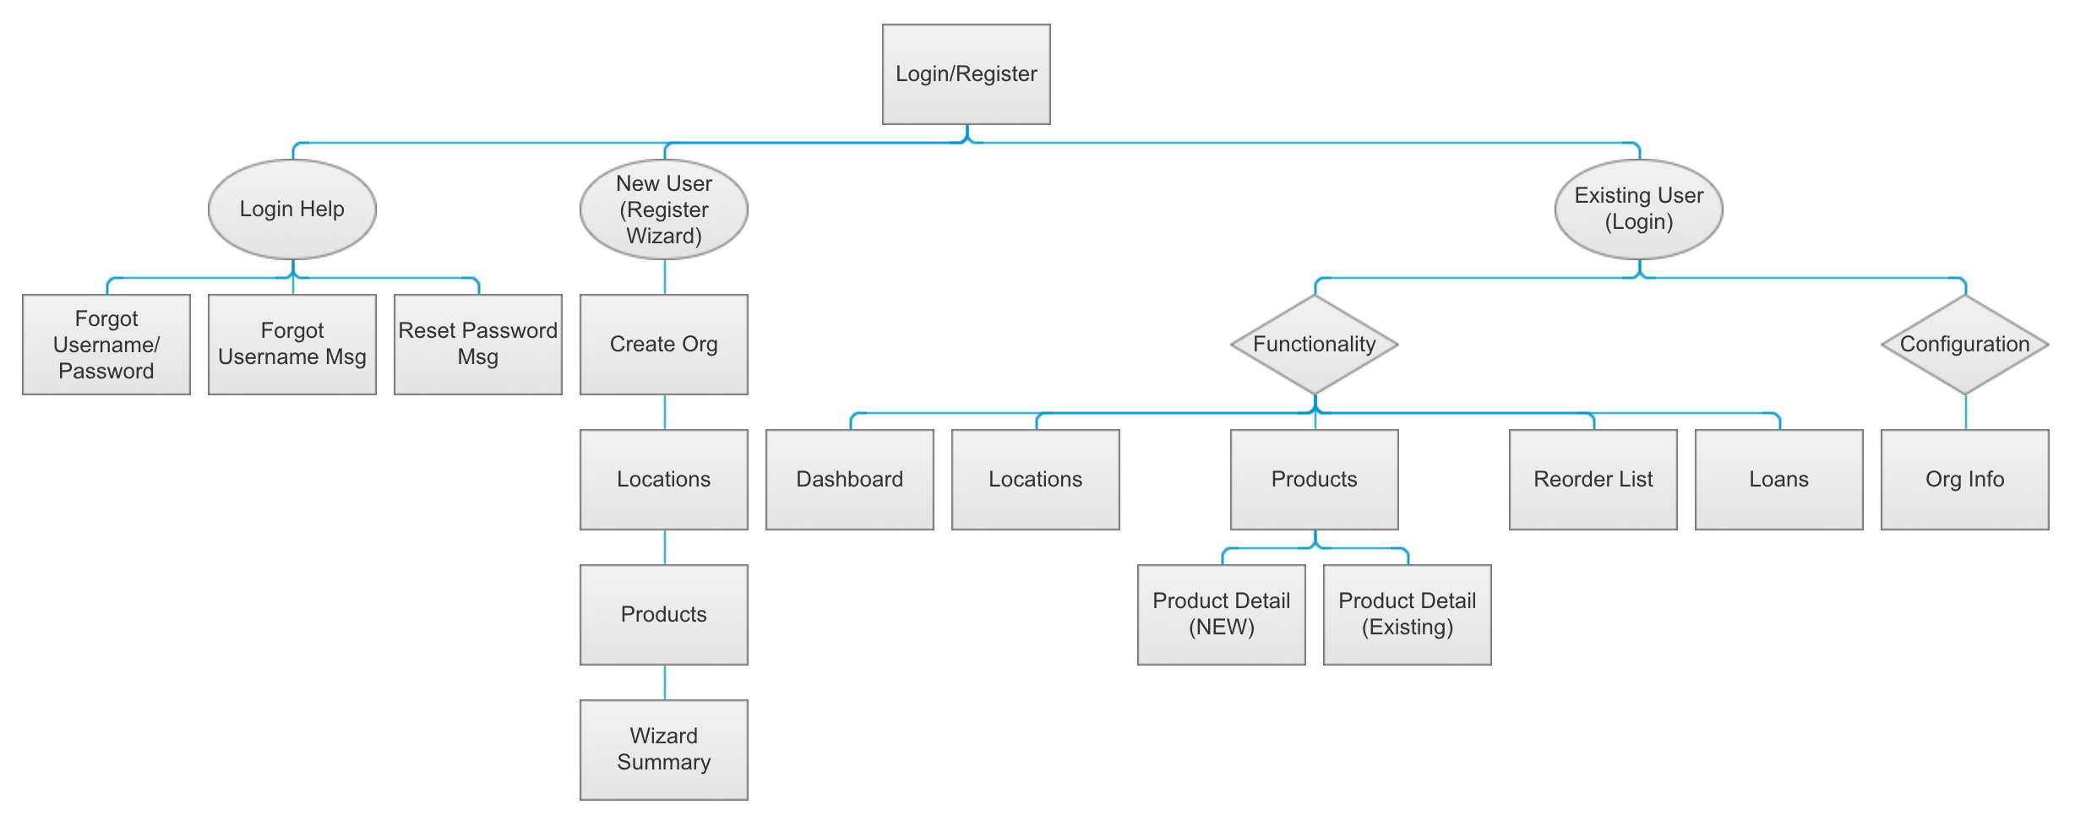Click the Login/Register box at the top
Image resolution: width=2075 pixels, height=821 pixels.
pos(966,74)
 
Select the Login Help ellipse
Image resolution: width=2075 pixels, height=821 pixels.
pos(291,209)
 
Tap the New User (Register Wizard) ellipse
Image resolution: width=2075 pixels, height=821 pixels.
pos(663,209)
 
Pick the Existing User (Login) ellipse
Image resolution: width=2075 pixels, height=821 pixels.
pos(1638,209)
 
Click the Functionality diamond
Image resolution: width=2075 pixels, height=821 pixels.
pos(1314,345)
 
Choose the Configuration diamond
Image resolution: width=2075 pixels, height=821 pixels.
pos(1964,345)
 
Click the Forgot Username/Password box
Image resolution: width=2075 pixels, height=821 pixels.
pos(106,345)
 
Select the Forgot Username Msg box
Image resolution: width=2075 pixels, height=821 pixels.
pos(291,345)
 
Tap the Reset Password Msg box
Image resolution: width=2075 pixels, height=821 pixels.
pos(477,345)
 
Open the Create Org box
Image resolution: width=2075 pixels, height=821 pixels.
pos(663,345)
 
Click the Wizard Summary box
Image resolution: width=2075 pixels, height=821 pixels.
pos(663,750)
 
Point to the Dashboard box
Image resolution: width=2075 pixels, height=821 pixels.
pos(849,480)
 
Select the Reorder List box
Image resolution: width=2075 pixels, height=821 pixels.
pos(1593,480)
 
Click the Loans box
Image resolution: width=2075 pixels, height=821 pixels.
pos(1778,480)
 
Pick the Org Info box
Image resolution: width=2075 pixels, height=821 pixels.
pos(1964,480)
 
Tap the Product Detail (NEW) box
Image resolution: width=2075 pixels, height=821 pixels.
pos(1221,615)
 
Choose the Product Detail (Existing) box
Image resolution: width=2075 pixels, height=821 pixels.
pos(1407,615)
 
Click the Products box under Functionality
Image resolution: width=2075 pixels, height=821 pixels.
pos(1314,480)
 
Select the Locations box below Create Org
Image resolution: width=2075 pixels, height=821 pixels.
pos(663,480)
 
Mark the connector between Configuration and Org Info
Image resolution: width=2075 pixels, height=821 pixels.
pos(1965,412)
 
